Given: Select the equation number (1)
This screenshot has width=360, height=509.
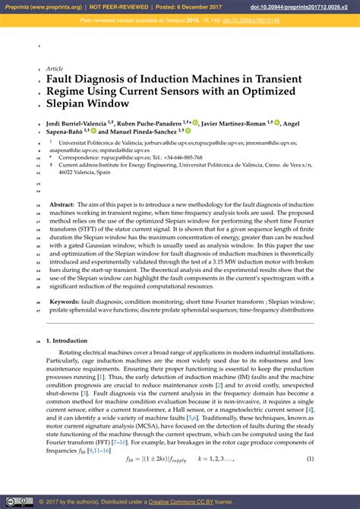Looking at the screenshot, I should pyautogui.click(x=310, y=459).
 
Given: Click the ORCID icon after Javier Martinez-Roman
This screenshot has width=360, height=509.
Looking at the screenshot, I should pyautogui.click(x=276, y=122).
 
